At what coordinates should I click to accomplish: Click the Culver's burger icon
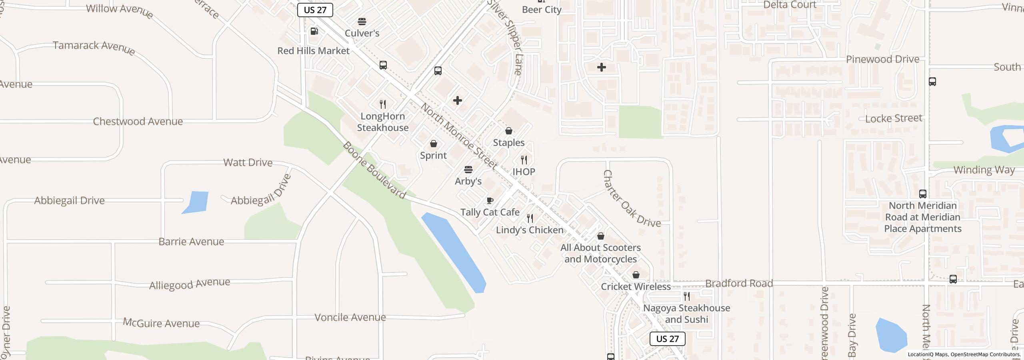point(362,21)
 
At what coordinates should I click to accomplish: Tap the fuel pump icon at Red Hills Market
point(314,31)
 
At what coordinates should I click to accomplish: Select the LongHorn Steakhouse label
point(383,122)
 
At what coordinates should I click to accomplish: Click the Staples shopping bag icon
point(509,131)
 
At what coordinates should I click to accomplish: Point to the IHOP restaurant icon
point(524,160)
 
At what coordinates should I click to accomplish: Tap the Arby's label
point(468,181)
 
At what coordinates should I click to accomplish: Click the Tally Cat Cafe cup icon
point(490,200)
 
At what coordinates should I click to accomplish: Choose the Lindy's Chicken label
point(530,230)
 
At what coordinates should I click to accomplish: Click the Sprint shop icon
point(433,144)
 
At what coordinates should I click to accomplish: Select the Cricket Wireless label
point(636,287)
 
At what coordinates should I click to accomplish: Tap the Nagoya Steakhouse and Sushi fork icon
point(687,296)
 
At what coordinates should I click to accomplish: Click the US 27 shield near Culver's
point(315,10)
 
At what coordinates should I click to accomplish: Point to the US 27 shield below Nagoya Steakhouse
point(667,339)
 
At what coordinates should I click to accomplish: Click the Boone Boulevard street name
point(374,170)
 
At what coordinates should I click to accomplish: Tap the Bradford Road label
point(739,284)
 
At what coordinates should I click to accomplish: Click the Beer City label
point(542,10)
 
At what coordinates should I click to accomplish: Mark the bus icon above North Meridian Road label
point(923,194)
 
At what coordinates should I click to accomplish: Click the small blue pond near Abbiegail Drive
point(196,202)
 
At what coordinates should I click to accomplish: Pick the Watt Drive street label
point(248,162)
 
